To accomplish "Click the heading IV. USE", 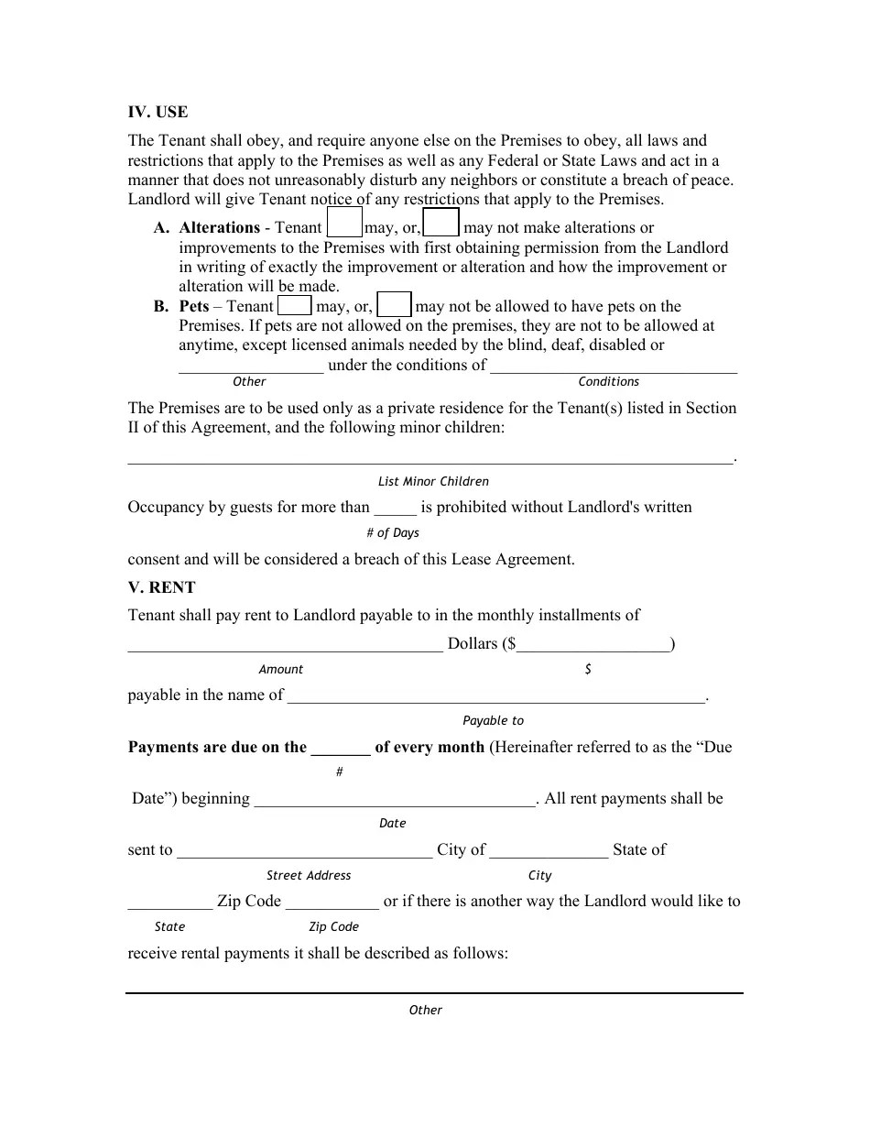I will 158,112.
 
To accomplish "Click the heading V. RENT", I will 161,587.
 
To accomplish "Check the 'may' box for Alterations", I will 344,224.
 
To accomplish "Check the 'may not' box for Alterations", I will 442,224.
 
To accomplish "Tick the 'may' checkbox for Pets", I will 294,305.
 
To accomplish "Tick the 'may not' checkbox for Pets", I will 395,305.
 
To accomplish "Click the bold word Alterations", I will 220,227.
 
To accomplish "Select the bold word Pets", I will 194,306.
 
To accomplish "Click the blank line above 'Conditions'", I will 614,367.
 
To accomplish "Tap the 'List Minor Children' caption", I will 433,481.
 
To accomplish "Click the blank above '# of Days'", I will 396,509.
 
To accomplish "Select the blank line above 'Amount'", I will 285,645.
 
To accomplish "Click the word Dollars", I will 472,643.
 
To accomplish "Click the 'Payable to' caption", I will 493,720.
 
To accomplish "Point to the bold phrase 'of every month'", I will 430,747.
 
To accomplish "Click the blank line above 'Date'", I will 395,800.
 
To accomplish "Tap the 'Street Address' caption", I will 309,875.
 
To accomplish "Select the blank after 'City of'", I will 549,851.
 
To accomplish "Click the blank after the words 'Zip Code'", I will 332,903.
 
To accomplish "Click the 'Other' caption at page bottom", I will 425,1010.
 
